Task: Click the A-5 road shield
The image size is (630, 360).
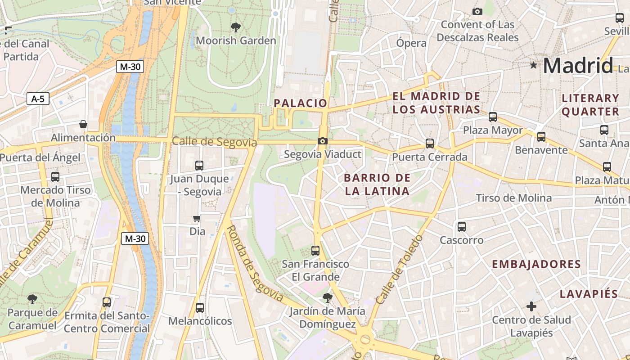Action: (x=38, y=99)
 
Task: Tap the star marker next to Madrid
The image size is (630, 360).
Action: (x=534, y=65)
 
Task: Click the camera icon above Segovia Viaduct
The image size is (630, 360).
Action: (x=322, y=141)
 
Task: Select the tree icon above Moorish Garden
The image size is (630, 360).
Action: (x=235, y=27)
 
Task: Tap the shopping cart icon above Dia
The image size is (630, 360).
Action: (x=197, y=219)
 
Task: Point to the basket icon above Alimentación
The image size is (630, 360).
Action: (x=83, y=124)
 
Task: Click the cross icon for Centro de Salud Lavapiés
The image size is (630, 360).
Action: (x=531, y=306)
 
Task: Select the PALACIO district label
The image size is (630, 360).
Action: (x=301, y=103)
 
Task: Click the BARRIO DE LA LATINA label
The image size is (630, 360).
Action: (x=377, y=184)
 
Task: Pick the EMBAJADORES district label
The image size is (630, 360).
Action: (x=536, y=264)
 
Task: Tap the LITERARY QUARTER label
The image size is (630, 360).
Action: (x=590, y=105)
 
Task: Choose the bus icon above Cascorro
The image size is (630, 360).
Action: (x=462, y=227)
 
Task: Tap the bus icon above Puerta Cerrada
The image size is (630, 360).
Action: (x=430, y=144)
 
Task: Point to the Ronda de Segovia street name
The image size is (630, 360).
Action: (x=254, y=263)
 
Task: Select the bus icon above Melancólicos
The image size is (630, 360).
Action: (x=200, y=308)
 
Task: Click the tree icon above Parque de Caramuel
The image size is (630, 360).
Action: (x=32, y=299)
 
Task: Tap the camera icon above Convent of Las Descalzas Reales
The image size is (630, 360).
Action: (x=477, y=11)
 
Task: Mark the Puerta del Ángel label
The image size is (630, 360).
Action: (x=40, y=157)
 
